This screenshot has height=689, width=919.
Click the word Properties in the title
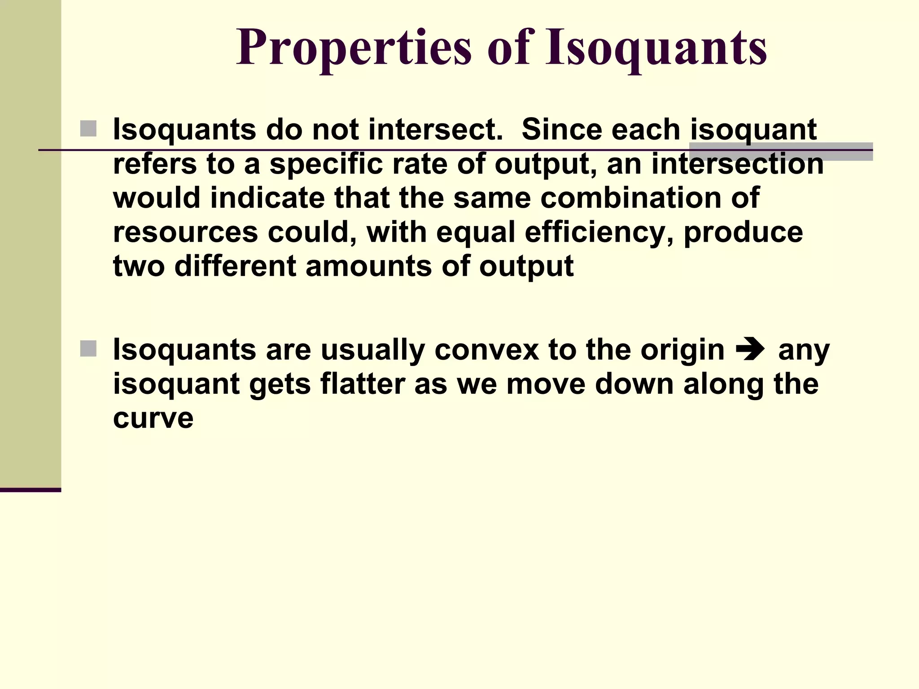click(x=354, y=48)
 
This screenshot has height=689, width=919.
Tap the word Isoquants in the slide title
click(x=656, y=48)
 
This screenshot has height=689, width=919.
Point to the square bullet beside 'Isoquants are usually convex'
click(x=88, y=349)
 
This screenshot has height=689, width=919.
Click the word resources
click(x=185, y=232)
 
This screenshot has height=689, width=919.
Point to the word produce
click(x=743, y=233)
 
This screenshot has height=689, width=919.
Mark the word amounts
click(x=369, y=266)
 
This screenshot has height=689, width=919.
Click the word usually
click(x=372, y=351)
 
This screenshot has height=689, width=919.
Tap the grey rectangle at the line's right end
click(x=780, y=152)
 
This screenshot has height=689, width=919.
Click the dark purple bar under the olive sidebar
click(x=30, y=490)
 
